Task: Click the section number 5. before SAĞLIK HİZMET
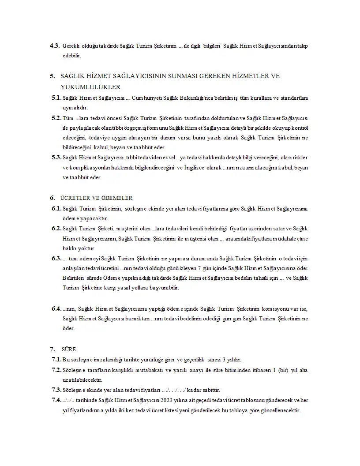point(52,76)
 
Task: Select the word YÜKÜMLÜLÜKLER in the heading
point(90,87)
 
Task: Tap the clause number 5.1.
point(56,98)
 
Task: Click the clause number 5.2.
point(56,118)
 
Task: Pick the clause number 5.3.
point(56,157)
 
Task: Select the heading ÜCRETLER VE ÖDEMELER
point(96,198)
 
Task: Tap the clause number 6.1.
point(56,208)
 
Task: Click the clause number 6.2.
point(56,228)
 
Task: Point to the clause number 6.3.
point(56,258)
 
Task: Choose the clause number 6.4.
point(56,308)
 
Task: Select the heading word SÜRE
point(69,349)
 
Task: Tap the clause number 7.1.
point(56,359)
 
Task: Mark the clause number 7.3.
point(56,390)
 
